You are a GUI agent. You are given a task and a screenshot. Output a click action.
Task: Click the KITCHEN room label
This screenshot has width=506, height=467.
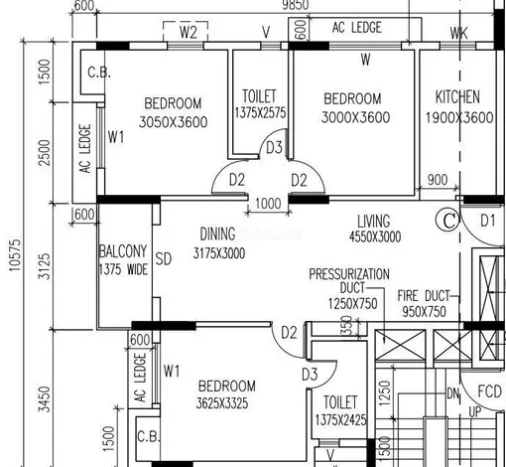click(x=457, y=96)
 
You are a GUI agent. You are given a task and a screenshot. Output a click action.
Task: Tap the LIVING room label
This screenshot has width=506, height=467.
click(x=374, y=221)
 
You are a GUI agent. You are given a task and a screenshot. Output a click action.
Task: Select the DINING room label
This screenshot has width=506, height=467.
click(x=217, y=233)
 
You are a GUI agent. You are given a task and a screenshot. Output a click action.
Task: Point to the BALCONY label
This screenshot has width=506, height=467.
click(x=123, y=251)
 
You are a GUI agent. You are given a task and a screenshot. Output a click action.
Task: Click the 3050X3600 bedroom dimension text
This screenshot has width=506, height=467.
click(x=173, y=122)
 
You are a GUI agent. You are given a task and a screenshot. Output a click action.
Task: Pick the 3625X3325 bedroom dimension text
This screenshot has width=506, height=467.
click(x=222, y=403)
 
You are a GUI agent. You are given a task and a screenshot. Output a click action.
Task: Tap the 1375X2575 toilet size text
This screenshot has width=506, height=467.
click(x=260, y=113)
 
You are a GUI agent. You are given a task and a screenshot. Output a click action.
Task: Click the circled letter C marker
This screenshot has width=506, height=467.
click(x=447, y=221)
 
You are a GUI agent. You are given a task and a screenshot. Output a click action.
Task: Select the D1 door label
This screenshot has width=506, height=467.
click(x=488, y=221)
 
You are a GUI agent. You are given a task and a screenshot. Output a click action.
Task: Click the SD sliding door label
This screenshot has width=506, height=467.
click(x=164, y=259)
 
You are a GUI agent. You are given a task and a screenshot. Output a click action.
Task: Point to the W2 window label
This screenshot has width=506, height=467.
click(x=189, y=32)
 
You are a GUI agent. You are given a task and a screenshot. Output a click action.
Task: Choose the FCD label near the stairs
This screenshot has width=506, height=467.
click(x=489, y=391)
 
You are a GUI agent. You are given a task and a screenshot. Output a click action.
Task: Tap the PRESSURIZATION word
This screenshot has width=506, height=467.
click(x=349, y=274)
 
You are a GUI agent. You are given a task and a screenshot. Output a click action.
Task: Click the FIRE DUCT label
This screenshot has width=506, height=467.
click(x=424, y=295)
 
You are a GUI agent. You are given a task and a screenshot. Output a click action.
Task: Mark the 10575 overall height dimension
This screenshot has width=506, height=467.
click(x=15, y=255)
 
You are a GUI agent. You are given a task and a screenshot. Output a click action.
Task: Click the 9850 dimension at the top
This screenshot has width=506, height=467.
click(x=296, y=5)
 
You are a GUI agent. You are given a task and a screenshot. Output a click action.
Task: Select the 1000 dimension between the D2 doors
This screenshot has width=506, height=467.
click(x=268, y=203)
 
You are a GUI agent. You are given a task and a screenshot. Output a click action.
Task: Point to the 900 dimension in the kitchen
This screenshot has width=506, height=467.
click(x=438, y=180)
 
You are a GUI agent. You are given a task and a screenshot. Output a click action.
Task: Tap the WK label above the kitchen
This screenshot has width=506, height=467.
click(x=459, y=33)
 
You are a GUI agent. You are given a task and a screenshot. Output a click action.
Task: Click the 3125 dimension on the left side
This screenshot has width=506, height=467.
click(x=45, y=266)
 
